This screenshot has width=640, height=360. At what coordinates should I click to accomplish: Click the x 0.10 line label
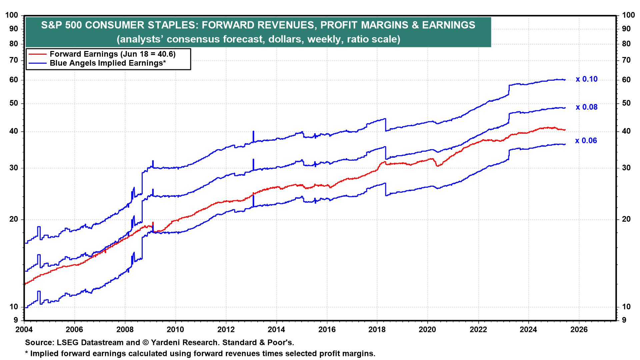[x=586, y=79]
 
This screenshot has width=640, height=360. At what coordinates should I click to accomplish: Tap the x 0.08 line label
[x=586, y=107]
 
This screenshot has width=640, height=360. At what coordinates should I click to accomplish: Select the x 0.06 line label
[x=586, y=141]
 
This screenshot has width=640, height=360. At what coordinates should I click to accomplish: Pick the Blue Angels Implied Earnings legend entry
[x=108, y=63]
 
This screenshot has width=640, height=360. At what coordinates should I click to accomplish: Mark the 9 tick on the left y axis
[x=16, y=321]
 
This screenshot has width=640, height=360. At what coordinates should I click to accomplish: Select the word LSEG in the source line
[x=64, y=343]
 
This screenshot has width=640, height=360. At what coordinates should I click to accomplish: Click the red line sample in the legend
[x=37, y=54]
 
